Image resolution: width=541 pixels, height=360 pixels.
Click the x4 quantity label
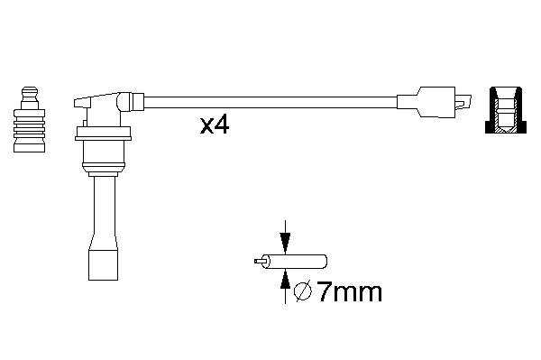[215, 125]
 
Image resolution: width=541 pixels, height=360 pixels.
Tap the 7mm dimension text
[350, 292]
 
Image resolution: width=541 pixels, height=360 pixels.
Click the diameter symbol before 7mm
[303, 292]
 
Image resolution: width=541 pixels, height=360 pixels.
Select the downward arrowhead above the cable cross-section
[285, 243]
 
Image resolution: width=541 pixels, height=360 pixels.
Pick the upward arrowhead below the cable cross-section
[285, 279]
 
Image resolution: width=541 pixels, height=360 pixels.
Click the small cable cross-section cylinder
[294, 262]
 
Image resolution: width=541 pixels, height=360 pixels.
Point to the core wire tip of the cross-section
[258, 262]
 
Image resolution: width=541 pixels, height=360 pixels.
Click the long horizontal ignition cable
[270, 103]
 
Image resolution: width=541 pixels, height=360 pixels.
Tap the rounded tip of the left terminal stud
[30, 91]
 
